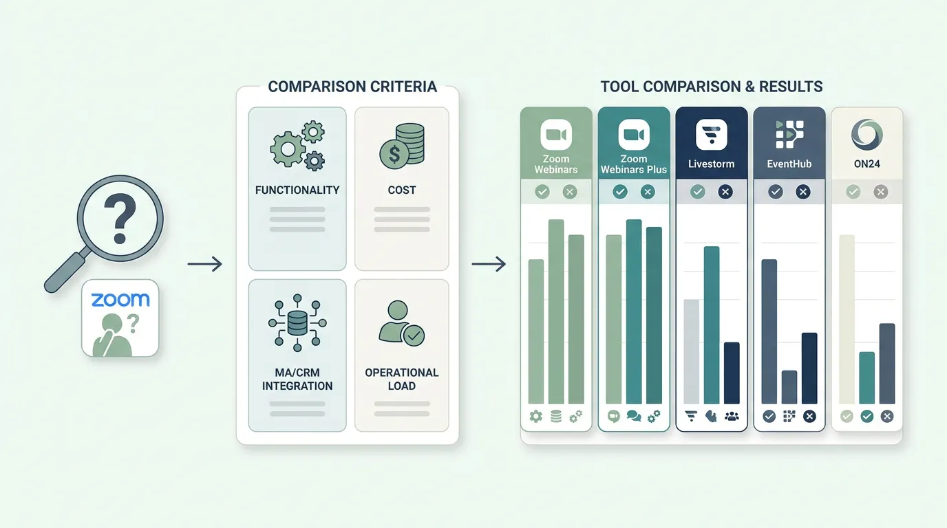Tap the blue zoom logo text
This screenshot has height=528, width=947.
click(x=120, y=300)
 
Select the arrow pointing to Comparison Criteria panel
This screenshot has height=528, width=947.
click(x=204, y=264)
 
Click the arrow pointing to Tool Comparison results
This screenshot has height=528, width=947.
click(x=489, y=264)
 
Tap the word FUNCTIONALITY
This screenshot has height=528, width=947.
click(x=297, y=190)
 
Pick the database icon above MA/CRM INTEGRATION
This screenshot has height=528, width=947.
click(x=297, y=322)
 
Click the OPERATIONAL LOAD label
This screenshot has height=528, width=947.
click(x=402, y=379)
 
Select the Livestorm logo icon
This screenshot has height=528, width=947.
click(x=712, y=135)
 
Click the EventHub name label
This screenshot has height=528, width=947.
click(x=789, y=164)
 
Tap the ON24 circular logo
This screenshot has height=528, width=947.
click(x=866, y=135)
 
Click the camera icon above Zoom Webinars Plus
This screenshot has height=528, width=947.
click(x=634, y=135)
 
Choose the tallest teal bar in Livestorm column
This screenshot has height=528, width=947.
click(x=712, y=324)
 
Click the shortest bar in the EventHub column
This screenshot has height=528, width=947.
click(x=789, y=387)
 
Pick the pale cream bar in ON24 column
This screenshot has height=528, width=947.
click(x=847, y=319)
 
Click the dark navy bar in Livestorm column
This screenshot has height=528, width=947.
click(x=732, y=373)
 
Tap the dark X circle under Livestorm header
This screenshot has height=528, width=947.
click(x=725, y=192)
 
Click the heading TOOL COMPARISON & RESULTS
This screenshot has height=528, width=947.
click(x=712, y=87)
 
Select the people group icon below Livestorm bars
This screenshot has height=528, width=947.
click(x=732, y=417)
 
